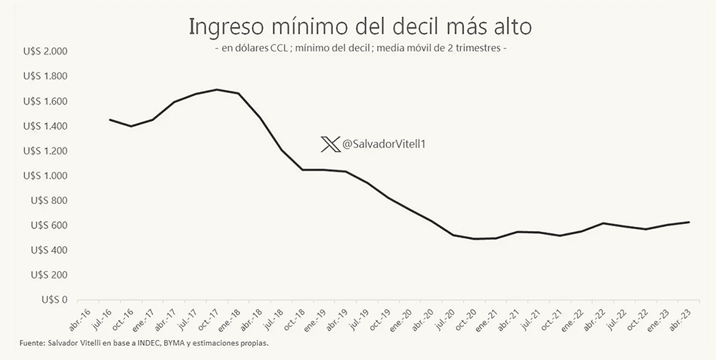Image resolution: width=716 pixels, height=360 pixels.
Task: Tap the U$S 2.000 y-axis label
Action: tap(45, 52)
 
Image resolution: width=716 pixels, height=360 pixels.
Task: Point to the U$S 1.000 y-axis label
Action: tap(45, 175)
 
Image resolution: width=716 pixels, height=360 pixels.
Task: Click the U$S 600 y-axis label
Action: tap(49, 225)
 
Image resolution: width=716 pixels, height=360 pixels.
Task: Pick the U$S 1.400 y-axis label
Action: tap(45, 126)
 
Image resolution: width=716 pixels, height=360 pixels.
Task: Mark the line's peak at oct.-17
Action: tap(217, 89)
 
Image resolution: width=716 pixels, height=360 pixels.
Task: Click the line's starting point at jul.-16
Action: tap(110, 120)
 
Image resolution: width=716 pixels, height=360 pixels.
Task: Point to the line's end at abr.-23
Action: tap(689, 222)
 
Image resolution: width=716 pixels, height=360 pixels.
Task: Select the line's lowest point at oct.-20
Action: tap(475, 239)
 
